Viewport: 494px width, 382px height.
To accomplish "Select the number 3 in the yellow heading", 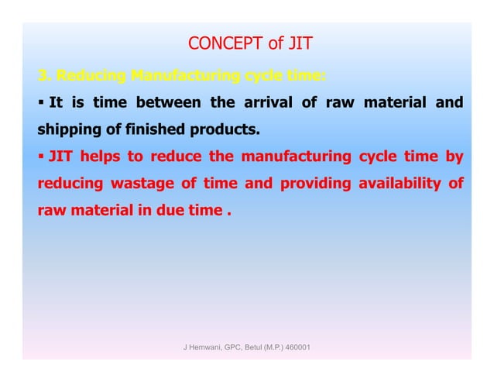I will coord(43,76).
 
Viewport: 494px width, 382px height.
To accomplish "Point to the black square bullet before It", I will coord(42,103).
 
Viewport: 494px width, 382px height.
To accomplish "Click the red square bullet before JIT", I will coord(42,158).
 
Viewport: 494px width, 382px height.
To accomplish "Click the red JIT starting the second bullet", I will coord(60,158).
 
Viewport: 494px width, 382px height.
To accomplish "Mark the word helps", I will coord(101,158).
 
